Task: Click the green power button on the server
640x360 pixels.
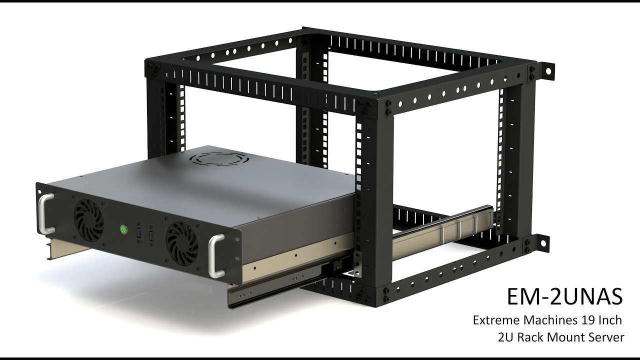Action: click(x=122, y=230)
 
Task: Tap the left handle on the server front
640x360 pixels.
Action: click(x=45, y=213)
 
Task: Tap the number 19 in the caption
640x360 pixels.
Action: click(x=586, y=320)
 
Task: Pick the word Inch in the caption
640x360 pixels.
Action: click(x=610, y=320)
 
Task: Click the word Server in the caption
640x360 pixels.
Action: click(x=607, y=337)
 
